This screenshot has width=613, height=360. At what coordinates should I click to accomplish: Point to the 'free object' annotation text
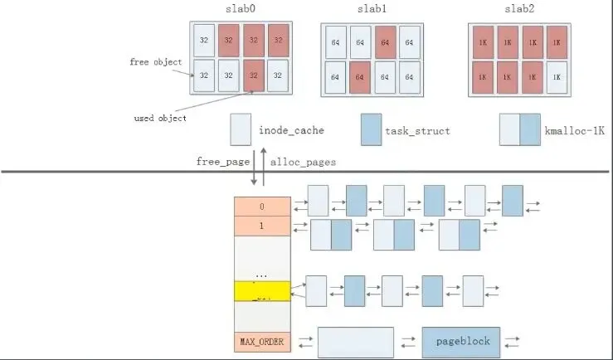click(x=155, y=62)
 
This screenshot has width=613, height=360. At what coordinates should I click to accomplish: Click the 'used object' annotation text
click(x=160, y=118)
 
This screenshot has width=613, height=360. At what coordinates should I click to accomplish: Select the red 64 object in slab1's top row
click(x=384, y=42)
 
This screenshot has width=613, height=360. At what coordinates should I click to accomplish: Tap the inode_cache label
click(x=290, y=131)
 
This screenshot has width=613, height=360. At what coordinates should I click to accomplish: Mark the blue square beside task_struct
click(x=371, y=130)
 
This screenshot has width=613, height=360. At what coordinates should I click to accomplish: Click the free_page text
click(x=221, y=162)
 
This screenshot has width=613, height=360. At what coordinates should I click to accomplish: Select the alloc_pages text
click(x=304, y=162)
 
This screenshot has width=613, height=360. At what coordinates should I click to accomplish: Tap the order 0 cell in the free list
click(x=262, y=207)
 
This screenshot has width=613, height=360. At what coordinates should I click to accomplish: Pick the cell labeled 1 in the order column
click(x=262, y=226)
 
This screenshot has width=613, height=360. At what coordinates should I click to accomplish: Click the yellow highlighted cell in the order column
click(x=262, y=290)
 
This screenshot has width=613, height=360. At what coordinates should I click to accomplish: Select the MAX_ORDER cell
click(x=262, y=341)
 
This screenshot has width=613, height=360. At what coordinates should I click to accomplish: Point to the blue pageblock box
click(x=461, y=342)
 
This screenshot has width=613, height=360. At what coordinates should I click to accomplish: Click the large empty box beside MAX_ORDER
click(x=355, y=342)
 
